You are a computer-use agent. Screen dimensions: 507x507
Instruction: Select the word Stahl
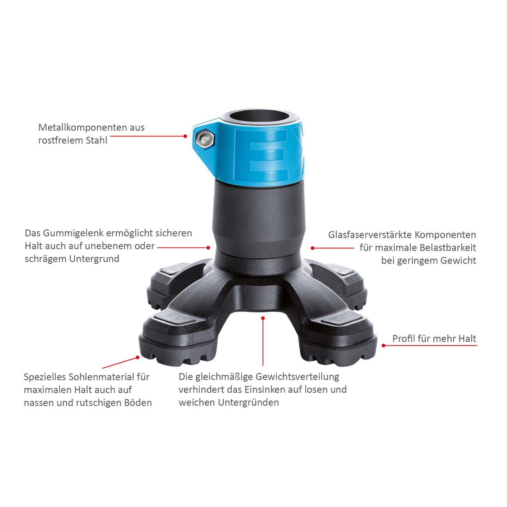[x=95, y=140]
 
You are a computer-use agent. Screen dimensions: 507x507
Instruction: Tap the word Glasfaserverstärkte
[x=369, y=235]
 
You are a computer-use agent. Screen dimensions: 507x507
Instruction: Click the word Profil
[x=404, y=339]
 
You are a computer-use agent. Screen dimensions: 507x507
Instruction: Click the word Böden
[x=139, y=403]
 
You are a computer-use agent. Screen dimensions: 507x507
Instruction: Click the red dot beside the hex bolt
[x=186, y=136]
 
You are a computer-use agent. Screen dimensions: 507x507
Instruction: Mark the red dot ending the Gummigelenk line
[x=209, y=247]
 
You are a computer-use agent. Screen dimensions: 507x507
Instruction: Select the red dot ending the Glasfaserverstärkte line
[x=312, y=248]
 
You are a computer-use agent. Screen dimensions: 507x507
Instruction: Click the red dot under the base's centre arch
[x=263, y=318]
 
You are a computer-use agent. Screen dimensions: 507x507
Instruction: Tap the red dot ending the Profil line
[x=383, y=346]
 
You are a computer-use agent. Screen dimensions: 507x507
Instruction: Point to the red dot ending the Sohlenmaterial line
[x=137, y=357]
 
